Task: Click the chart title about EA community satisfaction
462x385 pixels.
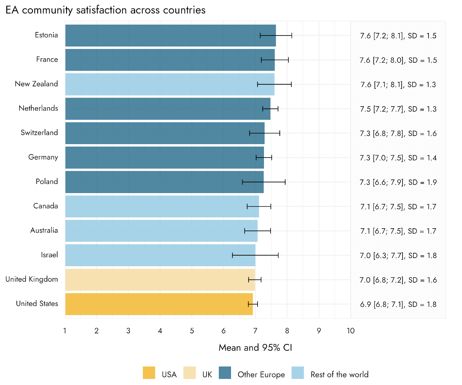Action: tap(105, 10)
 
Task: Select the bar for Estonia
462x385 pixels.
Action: tap(170, 35)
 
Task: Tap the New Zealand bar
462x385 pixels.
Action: tap(170, 84)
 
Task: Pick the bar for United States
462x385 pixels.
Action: tap(159, 304)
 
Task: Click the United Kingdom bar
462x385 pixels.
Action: tap(160, 280)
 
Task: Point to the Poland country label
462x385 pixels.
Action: tap(47, 182)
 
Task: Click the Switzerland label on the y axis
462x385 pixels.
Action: tap(39, 133)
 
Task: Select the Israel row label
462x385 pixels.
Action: tap(49, 255)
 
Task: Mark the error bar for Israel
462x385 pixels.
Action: tap(255, 255)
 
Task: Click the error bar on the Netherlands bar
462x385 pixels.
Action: tap(270, 109)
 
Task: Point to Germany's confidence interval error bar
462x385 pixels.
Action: tap(264, 158)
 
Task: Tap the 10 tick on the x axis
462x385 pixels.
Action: tap(351, 331)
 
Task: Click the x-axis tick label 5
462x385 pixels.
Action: tap(192, 331)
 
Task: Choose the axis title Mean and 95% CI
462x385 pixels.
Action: tap(255, 347)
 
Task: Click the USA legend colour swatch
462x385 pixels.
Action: tap(149, 373)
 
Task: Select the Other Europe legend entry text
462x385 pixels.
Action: tap(261, 375)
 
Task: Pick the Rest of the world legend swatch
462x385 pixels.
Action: tap(298, 373)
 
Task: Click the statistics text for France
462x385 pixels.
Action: tap(398, 60)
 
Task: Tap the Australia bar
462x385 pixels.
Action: tap(161, 231)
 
